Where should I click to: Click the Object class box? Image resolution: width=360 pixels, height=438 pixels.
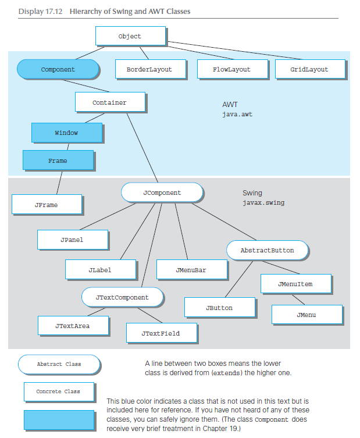pyautogui.click(x=130, y=36)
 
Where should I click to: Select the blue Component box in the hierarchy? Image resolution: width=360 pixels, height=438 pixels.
pyautogui.click(x=58, y=69)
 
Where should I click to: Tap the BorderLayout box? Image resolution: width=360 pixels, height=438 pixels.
pyautogui.click(x=149, y=69)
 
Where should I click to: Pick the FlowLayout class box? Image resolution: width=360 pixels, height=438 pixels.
pyautogui.click(x=231, y=69)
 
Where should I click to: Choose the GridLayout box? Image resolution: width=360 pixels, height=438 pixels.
pyautogui.click(x=309, y=69)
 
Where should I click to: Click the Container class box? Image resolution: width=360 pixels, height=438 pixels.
pyautogui.click(x=109, y=102)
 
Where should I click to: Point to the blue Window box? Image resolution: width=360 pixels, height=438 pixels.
pyautogui.click(x=66, y=133)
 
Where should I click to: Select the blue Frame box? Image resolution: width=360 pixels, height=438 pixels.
pyautogui.click(x=58, y=161)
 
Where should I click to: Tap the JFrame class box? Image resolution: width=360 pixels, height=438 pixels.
pyautogui.click(x=46, y=205)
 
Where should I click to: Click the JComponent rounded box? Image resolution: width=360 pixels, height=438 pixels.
pyautogui.click(x=162, y=193)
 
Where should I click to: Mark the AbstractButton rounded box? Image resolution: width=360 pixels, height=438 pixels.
pyautogui.click(x=267, y=250)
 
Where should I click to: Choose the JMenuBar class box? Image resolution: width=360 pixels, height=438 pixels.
pyautogui.click(x=191, y=270)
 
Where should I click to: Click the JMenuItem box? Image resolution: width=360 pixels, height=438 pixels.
pyautogui.click(x=295, y=284)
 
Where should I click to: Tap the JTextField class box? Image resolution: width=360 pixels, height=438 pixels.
pyautogui.click(x=161, y=333)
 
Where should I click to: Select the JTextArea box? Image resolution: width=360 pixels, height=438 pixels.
pyautogui.click(x=73, y=326)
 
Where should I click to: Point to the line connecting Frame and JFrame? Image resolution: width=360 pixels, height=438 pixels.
pyautogui.click(x=58, y=183)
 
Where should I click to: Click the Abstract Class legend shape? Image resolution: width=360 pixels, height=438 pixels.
pyautogui.click(x=59, y=364)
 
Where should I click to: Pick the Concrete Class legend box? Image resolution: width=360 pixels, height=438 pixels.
pyautogui.click(x=58, y=391)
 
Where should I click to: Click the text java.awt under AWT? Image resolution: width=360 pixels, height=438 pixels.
pyautogui.click(x=237, y=115)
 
